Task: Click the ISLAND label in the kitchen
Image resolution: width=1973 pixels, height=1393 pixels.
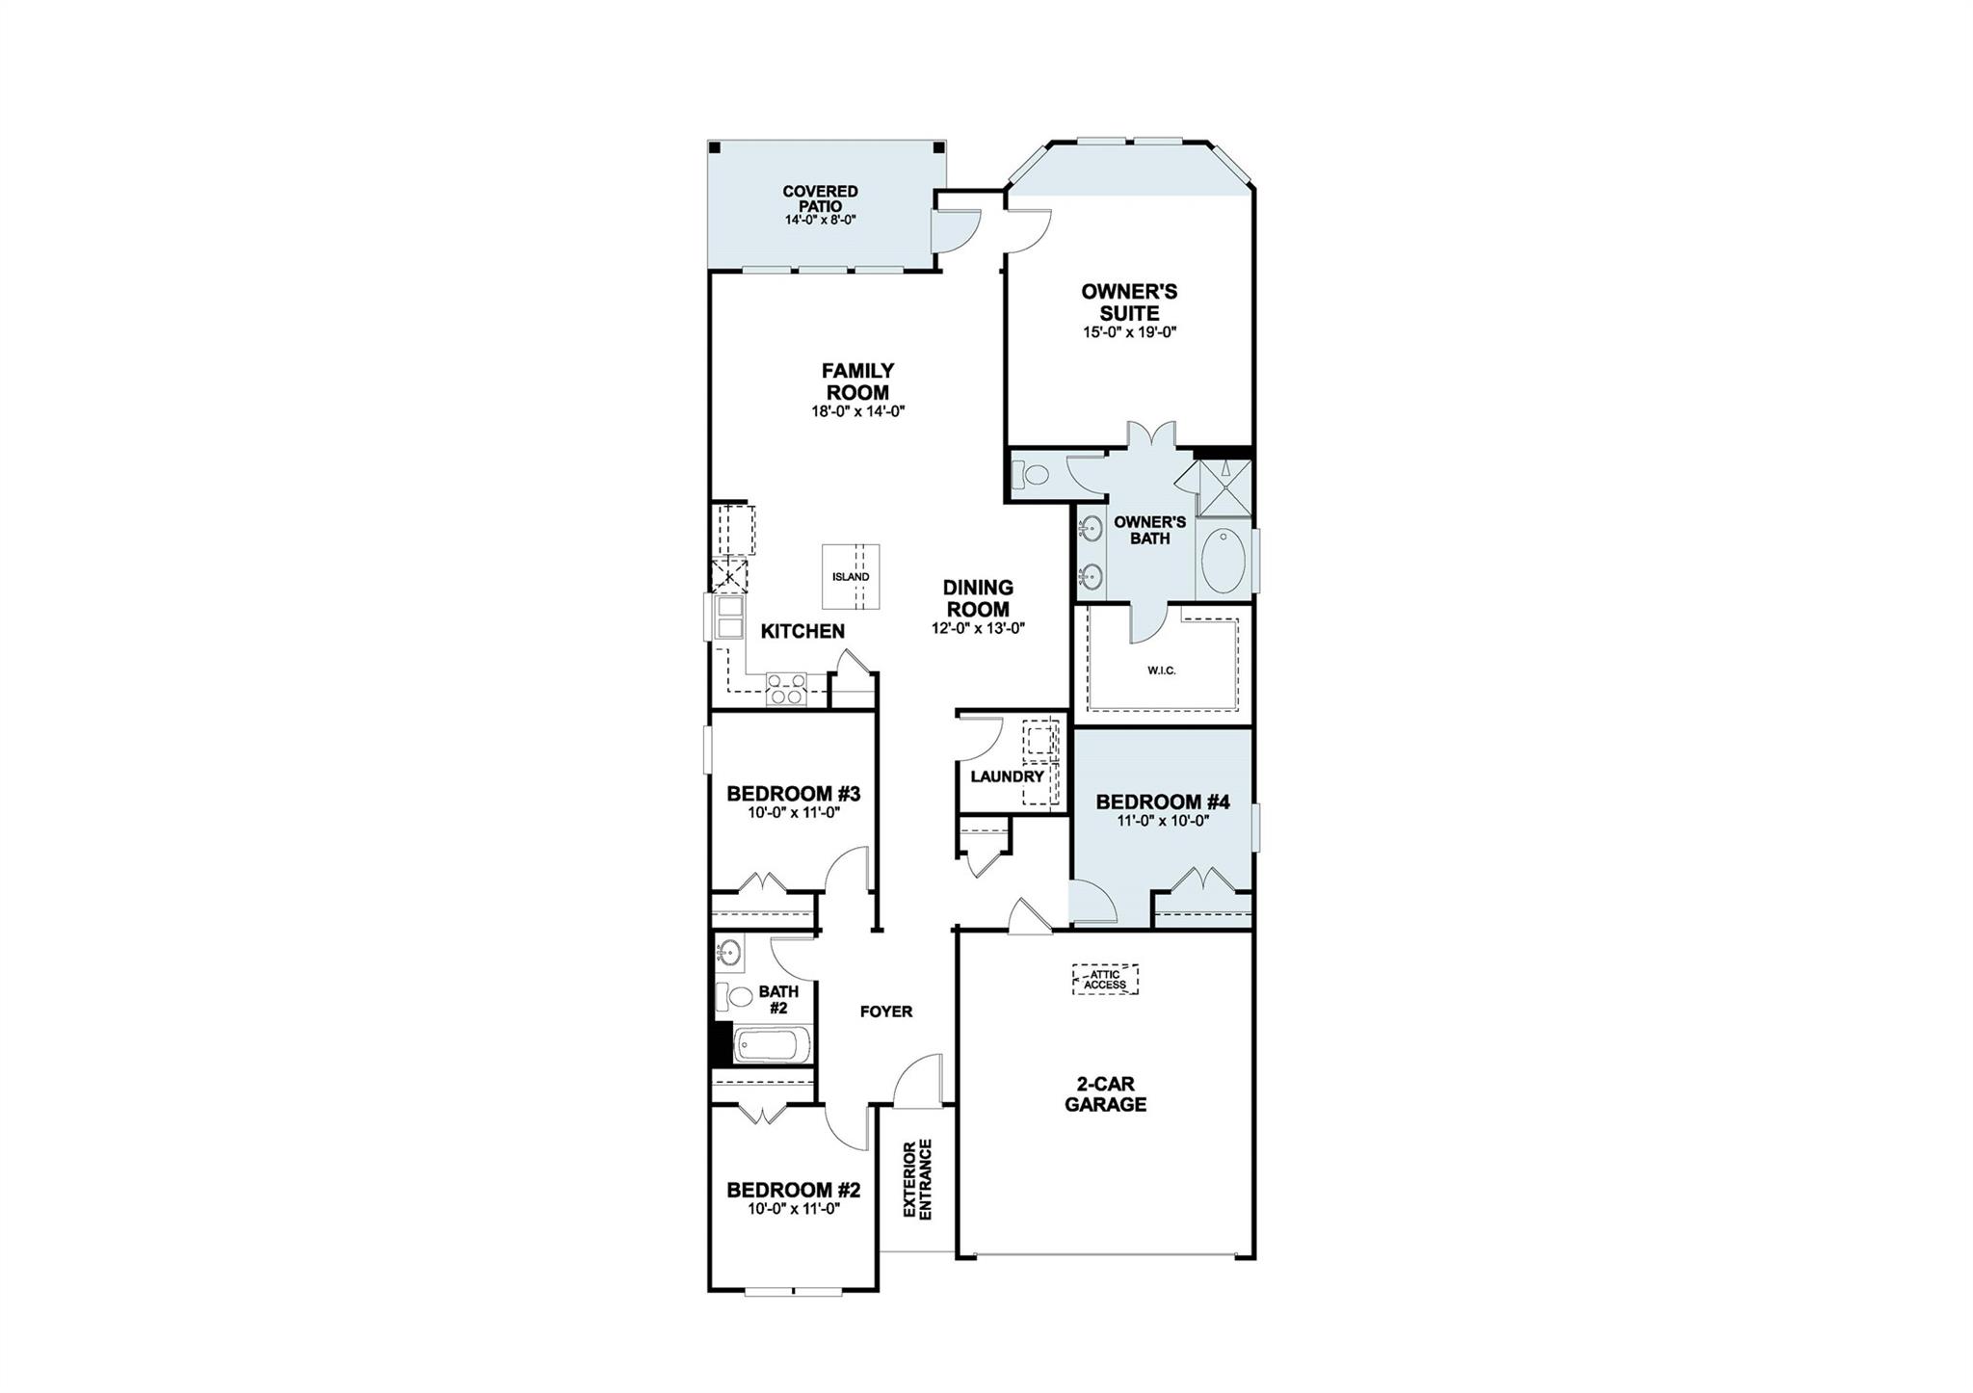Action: (851, 577)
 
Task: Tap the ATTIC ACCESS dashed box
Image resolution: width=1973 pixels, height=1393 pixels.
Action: (1105, 979)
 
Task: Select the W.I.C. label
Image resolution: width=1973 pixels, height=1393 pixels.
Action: (1161, 670)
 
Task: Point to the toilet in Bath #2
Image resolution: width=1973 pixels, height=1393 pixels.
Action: (737, 998)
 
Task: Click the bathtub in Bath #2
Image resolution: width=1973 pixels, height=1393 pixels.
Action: (773, 1046)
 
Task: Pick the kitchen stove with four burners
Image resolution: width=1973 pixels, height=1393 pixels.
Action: (786, 689)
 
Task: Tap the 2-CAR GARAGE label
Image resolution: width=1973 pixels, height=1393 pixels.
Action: (1105, 1095)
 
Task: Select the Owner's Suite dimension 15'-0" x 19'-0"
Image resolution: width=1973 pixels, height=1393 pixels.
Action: (1129, 332)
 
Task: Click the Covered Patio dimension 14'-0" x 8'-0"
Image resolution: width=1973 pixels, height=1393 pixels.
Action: (820, 220)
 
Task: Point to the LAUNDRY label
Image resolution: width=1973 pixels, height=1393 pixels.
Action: (1007, 776)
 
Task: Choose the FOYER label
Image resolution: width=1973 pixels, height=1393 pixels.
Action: (885, 1012)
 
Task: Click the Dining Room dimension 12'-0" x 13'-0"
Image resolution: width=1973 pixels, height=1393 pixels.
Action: (977, 629)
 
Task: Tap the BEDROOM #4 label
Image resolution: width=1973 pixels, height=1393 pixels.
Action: (1162, 802)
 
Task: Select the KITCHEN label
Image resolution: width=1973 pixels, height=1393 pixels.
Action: (802, 632)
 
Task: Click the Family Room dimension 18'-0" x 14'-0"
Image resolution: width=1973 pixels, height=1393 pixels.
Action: (858, 411)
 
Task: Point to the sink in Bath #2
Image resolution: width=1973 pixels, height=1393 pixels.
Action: (729, 953)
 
